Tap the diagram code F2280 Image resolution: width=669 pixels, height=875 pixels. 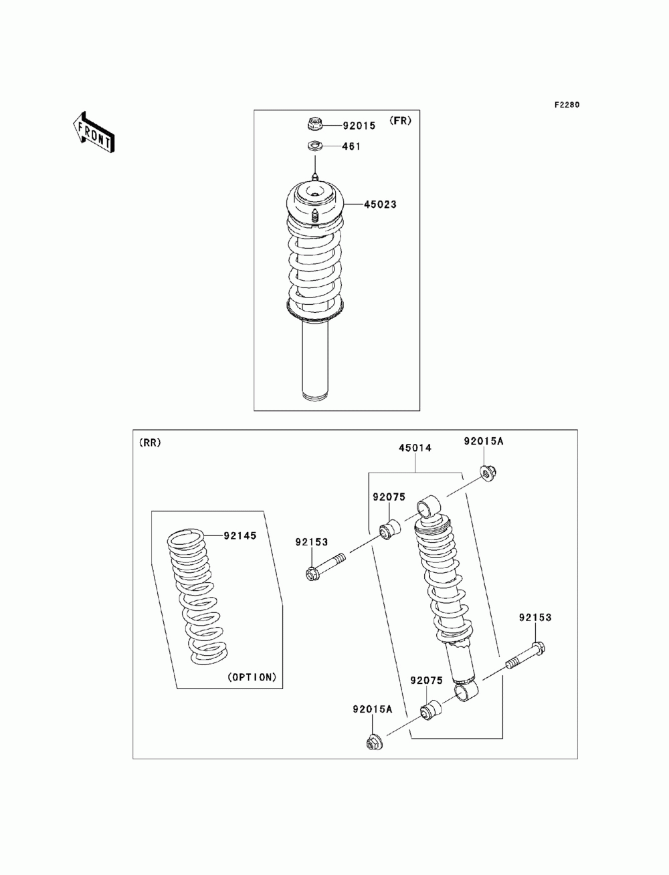566,105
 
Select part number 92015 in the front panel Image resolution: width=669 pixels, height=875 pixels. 359,125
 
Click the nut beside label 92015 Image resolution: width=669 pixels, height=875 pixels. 315,124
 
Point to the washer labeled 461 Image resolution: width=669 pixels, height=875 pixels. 314,146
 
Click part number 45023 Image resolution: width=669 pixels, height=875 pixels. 380,205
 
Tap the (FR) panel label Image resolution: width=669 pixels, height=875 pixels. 401,121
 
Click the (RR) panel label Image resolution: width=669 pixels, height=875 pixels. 149,443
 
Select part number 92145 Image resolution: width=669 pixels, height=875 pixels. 240,535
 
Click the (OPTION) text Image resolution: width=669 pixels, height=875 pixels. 252,677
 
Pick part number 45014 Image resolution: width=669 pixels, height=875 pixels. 415,449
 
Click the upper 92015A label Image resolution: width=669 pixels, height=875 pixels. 484,441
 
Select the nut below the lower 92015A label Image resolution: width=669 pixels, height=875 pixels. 373,742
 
